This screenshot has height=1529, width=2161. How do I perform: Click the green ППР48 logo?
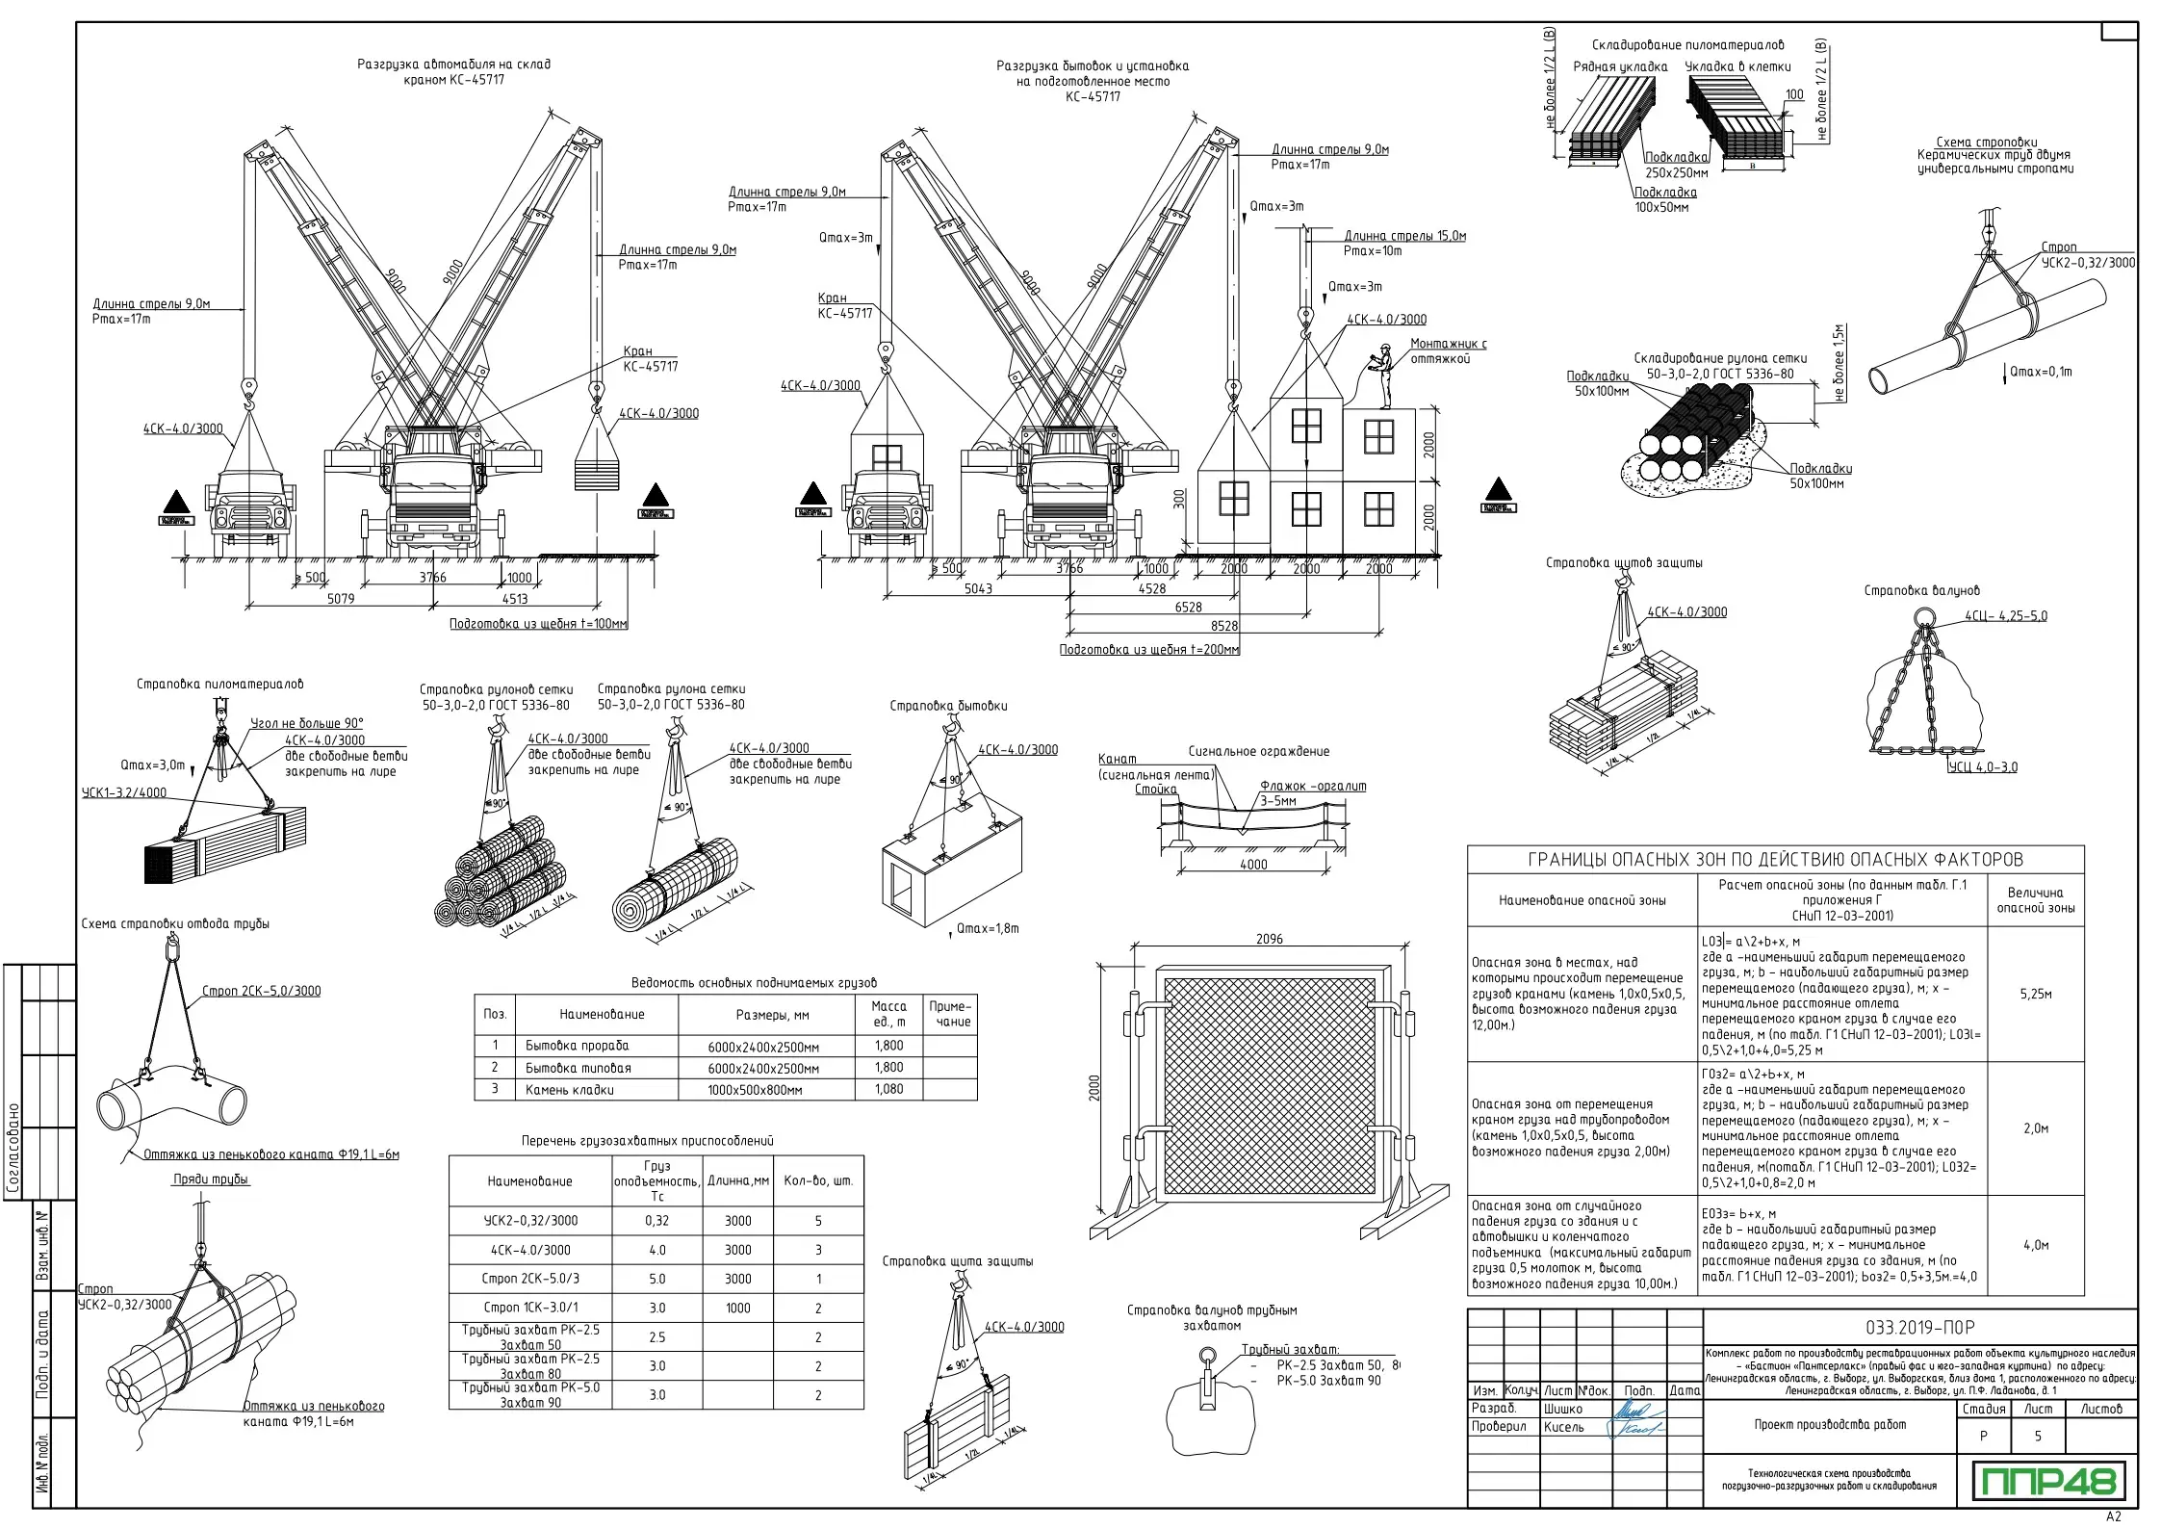[x=2046, y=1481]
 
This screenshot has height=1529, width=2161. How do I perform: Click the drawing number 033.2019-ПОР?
[x=1919, y=1327]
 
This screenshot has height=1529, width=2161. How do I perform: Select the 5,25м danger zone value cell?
[x=2035, y=994]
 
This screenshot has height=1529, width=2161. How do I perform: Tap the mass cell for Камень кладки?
[x=888, y=1089]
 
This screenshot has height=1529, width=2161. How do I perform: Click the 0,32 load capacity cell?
[x=656, y=1220]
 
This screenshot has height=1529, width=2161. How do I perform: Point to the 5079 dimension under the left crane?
[x=341, y=599]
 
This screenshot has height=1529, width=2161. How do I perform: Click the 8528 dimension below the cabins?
[x=1224, y=626]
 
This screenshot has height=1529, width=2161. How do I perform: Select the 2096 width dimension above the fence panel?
[x=1269, y=939]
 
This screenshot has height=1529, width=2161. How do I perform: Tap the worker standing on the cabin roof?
[x=1383, y=377]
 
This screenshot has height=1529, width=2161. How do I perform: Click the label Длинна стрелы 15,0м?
[x=1404, y=236]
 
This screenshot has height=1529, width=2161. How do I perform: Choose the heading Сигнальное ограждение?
[x=1258, y=751]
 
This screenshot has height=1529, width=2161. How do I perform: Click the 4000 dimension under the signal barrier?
[x=1253, y=865]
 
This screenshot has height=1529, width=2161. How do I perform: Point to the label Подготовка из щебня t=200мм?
[x=1149, y=650]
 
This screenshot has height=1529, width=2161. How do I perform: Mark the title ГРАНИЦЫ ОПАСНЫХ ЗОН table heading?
[x=1775, y=859]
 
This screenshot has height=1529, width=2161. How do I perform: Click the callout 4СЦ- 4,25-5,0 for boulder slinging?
[x=2006, y=616]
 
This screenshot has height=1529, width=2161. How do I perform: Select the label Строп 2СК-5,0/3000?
[x=261, y=991]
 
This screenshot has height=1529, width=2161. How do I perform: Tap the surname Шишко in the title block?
[x=1562, y=1409]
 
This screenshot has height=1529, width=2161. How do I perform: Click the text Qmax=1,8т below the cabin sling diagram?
[x=987, y=928]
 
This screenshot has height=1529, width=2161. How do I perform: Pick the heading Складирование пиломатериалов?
[x=1687, y=45]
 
